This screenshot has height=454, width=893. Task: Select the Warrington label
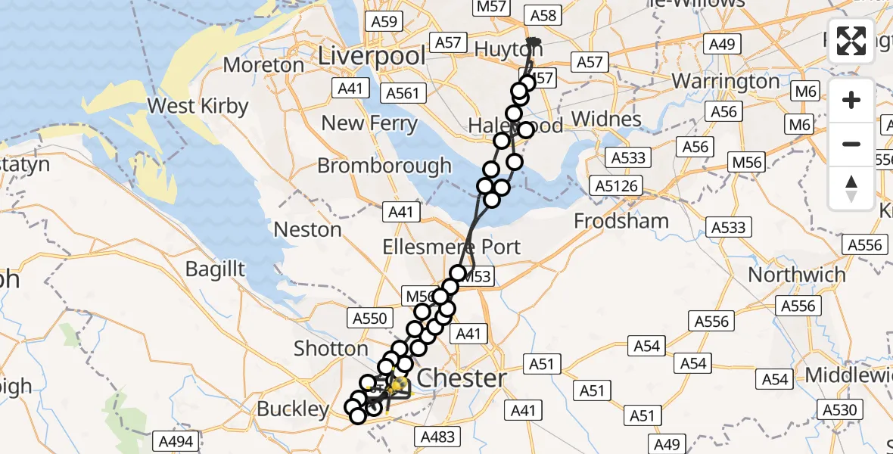coord(725,81)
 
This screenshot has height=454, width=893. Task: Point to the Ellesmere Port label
coord(452,247)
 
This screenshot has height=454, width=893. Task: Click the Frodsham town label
coord(621,221)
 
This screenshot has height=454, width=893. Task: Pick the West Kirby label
coord(198,105)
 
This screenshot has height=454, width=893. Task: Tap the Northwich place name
coord(797,275)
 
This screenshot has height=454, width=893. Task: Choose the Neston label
coord(307,229)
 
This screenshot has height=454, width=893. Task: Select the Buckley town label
coord(292,409)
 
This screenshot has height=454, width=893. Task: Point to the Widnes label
coord(606,119)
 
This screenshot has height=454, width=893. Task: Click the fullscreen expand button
coord(851,41)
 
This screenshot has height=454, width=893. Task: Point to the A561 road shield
coord(406,93)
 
